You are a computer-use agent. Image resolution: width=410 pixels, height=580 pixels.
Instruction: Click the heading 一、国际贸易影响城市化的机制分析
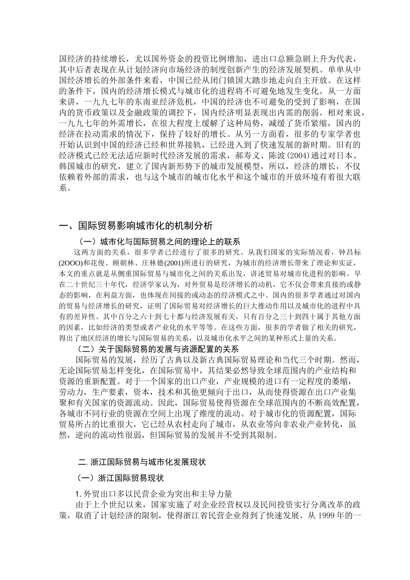[136, 226]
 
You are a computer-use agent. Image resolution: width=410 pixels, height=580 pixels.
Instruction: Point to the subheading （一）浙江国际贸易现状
[121, 478]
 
